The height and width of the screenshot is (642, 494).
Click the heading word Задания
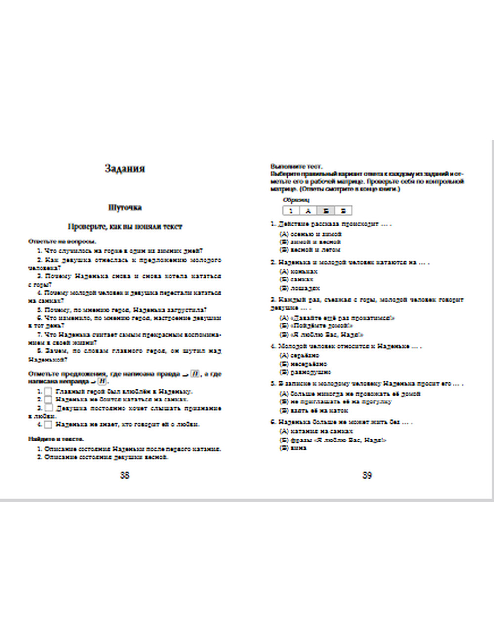(x=124, y=168)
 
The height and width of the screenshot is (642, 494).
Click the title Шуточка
(x=124, y=208)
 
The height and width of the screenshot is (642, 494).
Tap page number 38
(x=124, y=475)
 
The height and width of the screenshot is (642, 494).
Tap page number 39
(x=367, y=475)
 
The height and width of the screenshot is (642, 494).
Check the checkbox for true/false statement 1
(x=48, y=391)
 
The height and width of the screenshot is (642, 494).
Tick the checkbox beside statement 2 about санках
(x=48, y=399)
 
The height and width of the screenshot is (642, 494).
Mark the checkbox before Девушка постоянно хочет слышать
(x=48, y=408)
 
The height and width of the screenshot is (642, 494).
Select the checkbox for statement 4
(x=48, y=424)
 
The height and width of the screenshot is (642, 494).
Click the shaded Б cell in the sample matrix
(x=326, y=211)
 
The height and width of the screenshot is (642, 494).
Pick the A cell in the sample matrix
(x=308, y=211)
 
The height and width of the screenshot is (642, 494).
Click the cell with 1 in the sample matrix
(x=291, y=211)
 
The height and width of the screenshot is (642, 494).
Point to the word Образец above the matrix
(x=296, y=200)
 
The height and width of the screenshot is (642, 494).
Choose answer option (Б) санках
(x=296, y=280)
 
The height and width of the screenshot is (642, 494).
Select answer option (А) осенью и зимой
(x=310, y=234)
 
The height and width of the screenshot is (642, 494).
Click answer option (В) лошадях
(x=299, y=288)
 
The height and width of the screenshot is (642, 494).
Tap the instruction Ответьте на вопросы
(x=62, y=241)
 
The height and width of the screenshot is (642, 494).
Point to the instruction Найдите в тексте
(x=56, y=439)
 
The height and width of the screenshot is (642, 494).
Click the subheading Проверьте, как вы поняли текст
(x=124, y=226)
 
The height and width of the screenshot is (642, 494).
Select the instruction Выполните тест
(x=296, y=167)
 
